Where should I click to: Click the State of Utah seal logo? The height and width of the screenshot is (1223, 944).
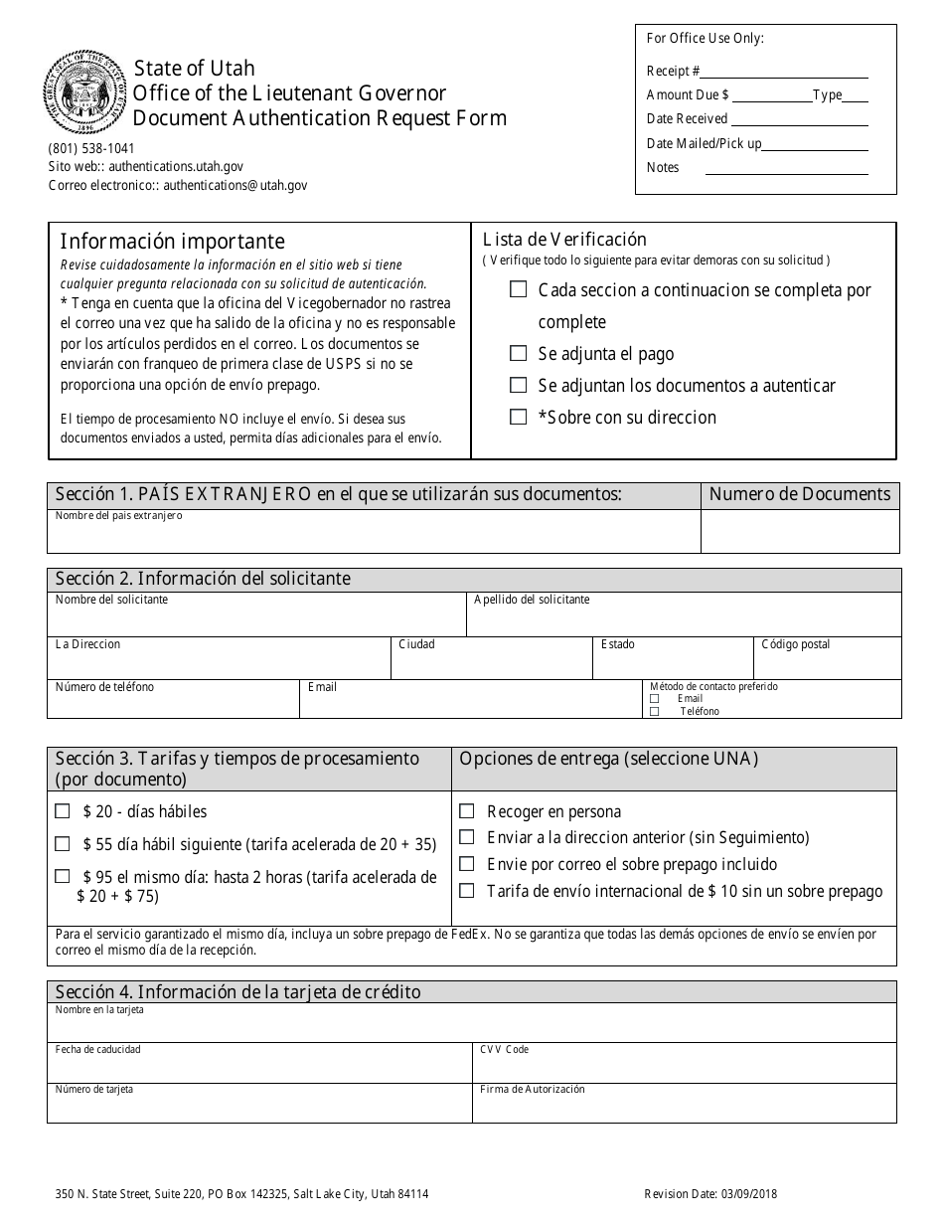[x=85, y=94]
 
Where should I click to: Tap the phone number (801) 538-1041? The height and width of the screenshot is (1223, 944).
[x=91, y=149]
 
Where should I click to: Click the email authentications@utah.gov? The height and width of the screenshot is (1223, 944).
[x=236, y=185]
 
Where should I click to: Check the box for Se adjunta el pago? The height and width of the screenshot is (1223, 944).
[x=518, y=353]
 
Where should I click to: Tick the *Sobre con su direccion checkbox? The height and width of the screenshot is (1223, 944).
[x=518, y=417]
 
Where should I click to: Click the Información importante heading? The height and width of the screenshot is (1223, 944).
[x=172, y=242]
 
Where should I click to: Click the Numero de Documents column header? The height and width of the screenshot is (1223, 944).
[x=799, y=494]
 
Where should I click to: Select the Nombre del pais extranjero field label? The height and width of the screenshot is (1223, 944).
[x=118, y=516]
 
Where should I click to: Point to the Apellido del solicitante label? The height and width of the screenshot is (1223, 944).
[x=532, y=600]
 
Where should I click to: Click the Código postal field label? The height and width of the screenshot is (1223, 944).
[x=795, y=644]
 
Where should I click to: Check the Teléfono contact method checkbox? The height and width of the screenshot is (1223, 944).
[x=654, y=711]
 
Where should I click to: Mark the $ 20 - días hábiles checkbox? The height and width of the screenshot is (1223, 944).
[x=63, y=811]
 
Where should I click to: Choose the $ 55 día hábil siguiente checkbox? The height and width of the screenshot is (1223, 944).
[x=63, y=844]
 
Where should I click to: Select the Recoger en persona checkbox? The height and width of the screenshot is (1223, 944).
[x=466, y=811]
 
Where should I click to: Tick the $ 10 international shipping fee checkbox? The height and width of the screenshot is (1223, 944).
[x=466, y=891]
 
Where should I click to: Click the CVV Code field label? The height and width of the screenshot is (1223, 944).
[x=504, y=1049]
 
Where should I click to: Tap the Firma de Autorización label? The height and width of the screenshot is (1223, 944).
[x=532, y=1089]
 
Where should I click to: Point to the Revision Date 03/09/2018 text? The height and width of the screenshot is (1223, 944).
[x=717, y=1195]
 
